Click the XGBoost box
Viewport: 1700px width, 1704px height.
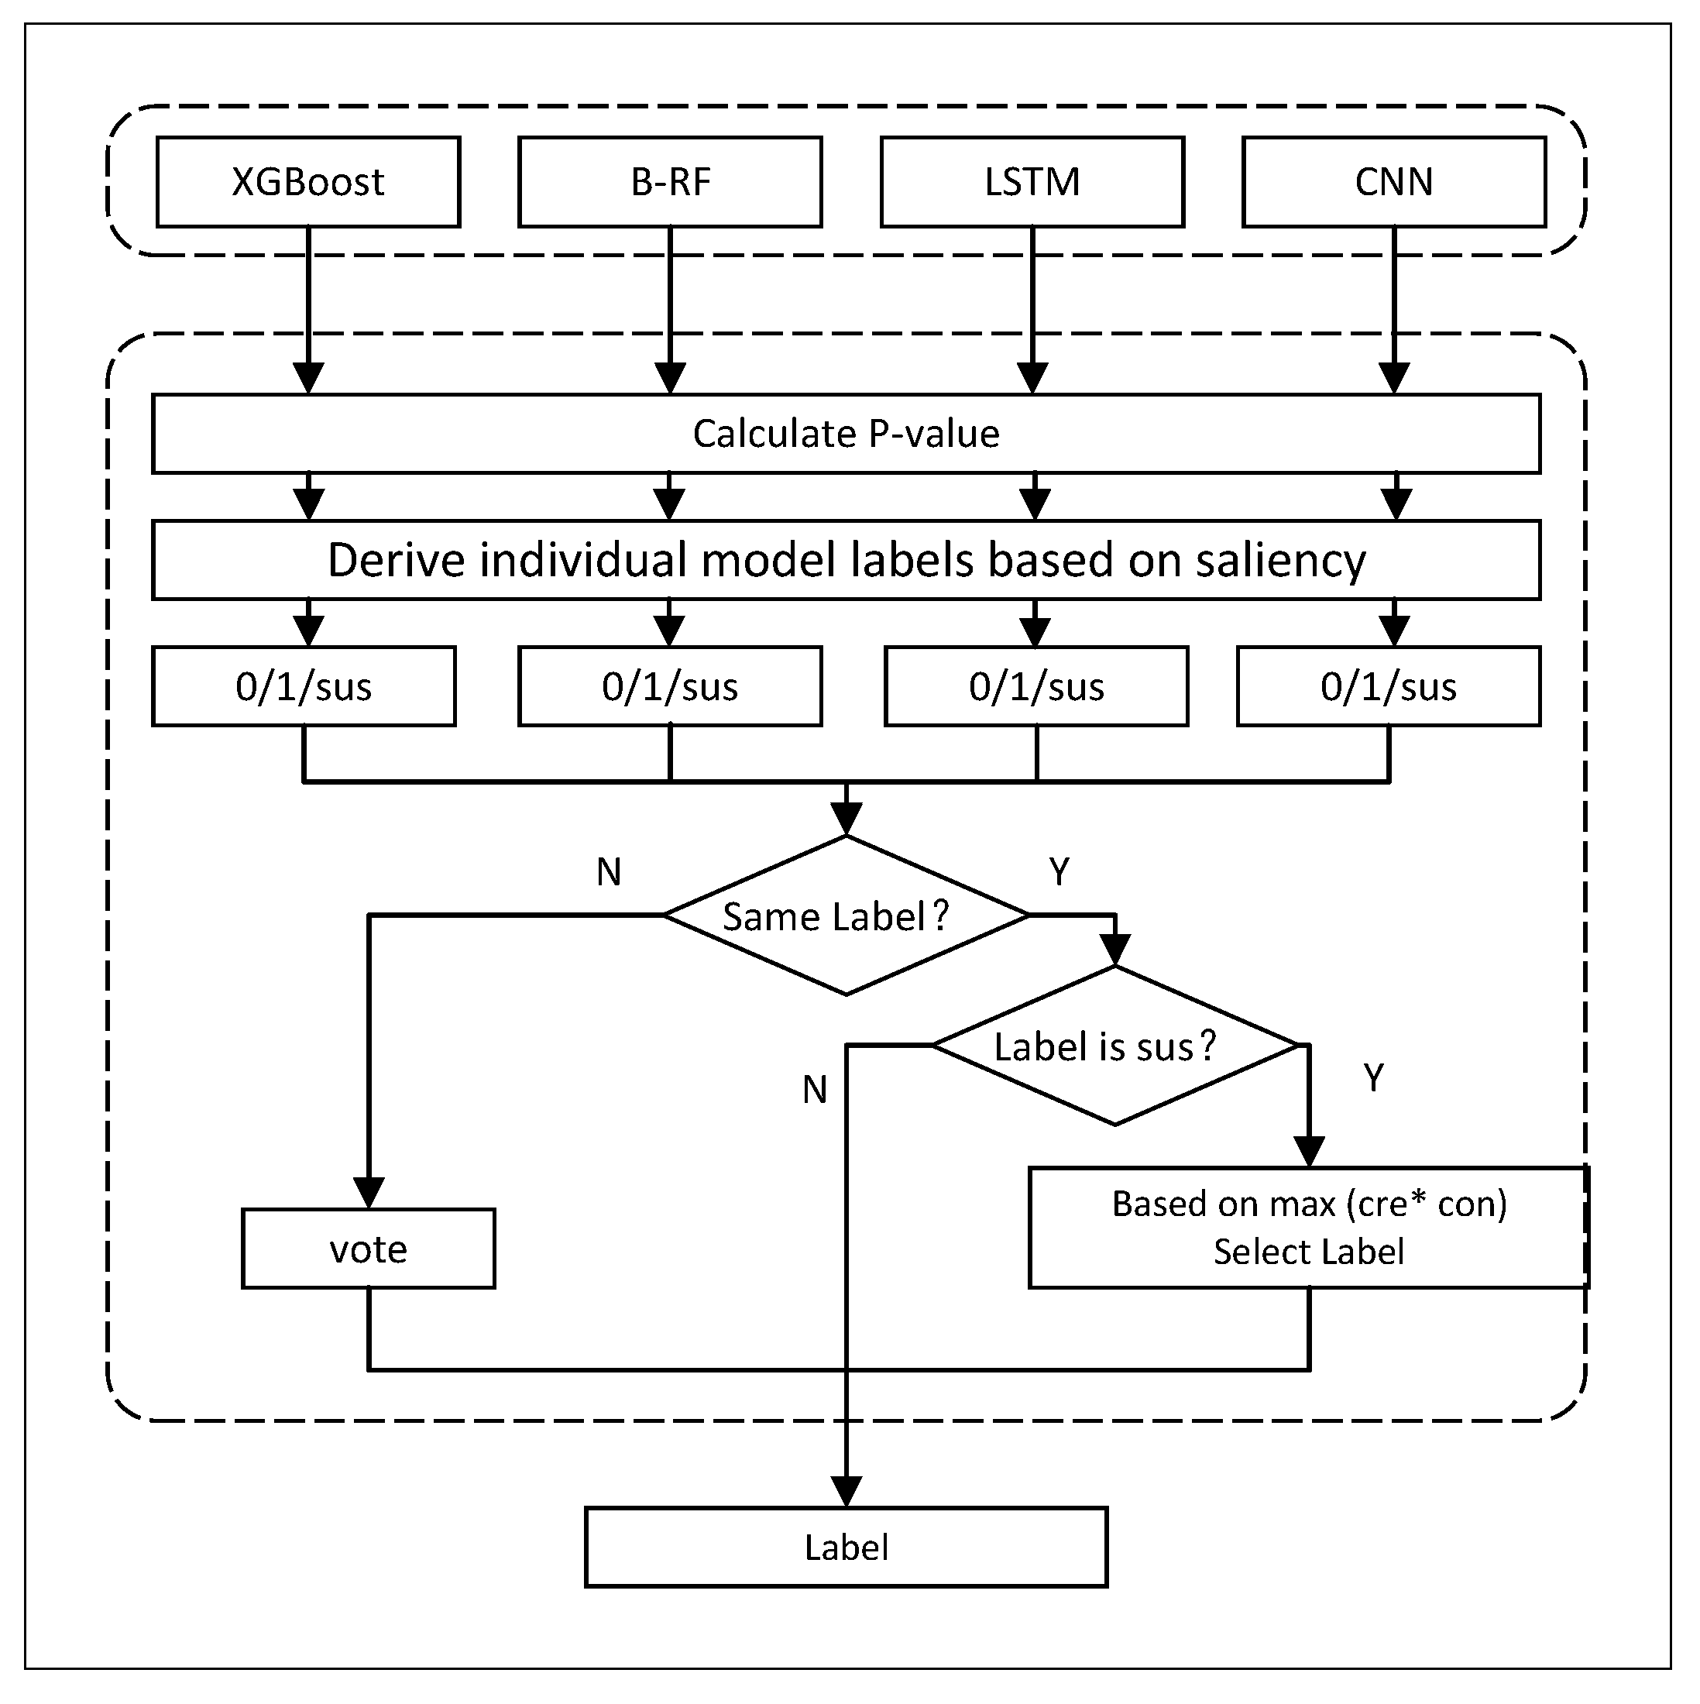point(307,182)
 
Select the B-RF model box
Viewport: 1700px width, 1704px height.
point(670,182)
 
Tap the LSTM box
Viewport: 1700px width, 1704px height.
point(1032,182)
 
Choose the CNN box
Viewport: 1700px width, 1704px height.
point(1393,182)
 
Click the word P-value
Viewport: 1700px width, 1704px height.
point(934,434)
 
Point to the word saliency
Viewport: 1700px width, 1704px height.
point(1280,561)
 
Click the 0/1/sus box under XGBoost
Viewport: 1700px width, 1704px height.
point(304,687)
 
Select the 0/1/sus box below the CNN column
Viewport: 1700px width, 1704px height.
point(1389,687)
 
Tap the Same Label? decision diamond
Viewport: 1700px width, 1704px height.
point(846,916)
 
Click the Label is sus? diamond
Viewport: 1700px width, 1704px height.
point(1114,1047)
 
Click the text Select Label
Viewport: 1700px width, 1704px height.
point(1309,1252)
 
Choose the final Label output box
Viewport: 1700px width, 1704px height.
point(846,1548)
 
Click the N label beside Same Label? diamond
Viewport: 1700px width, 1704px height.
point(610,872)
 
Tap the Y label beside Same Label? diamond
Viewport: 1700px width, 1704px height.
point(1059,872)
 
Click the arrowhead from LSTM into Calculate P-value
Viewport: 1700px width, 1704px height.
point(1032,379)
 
